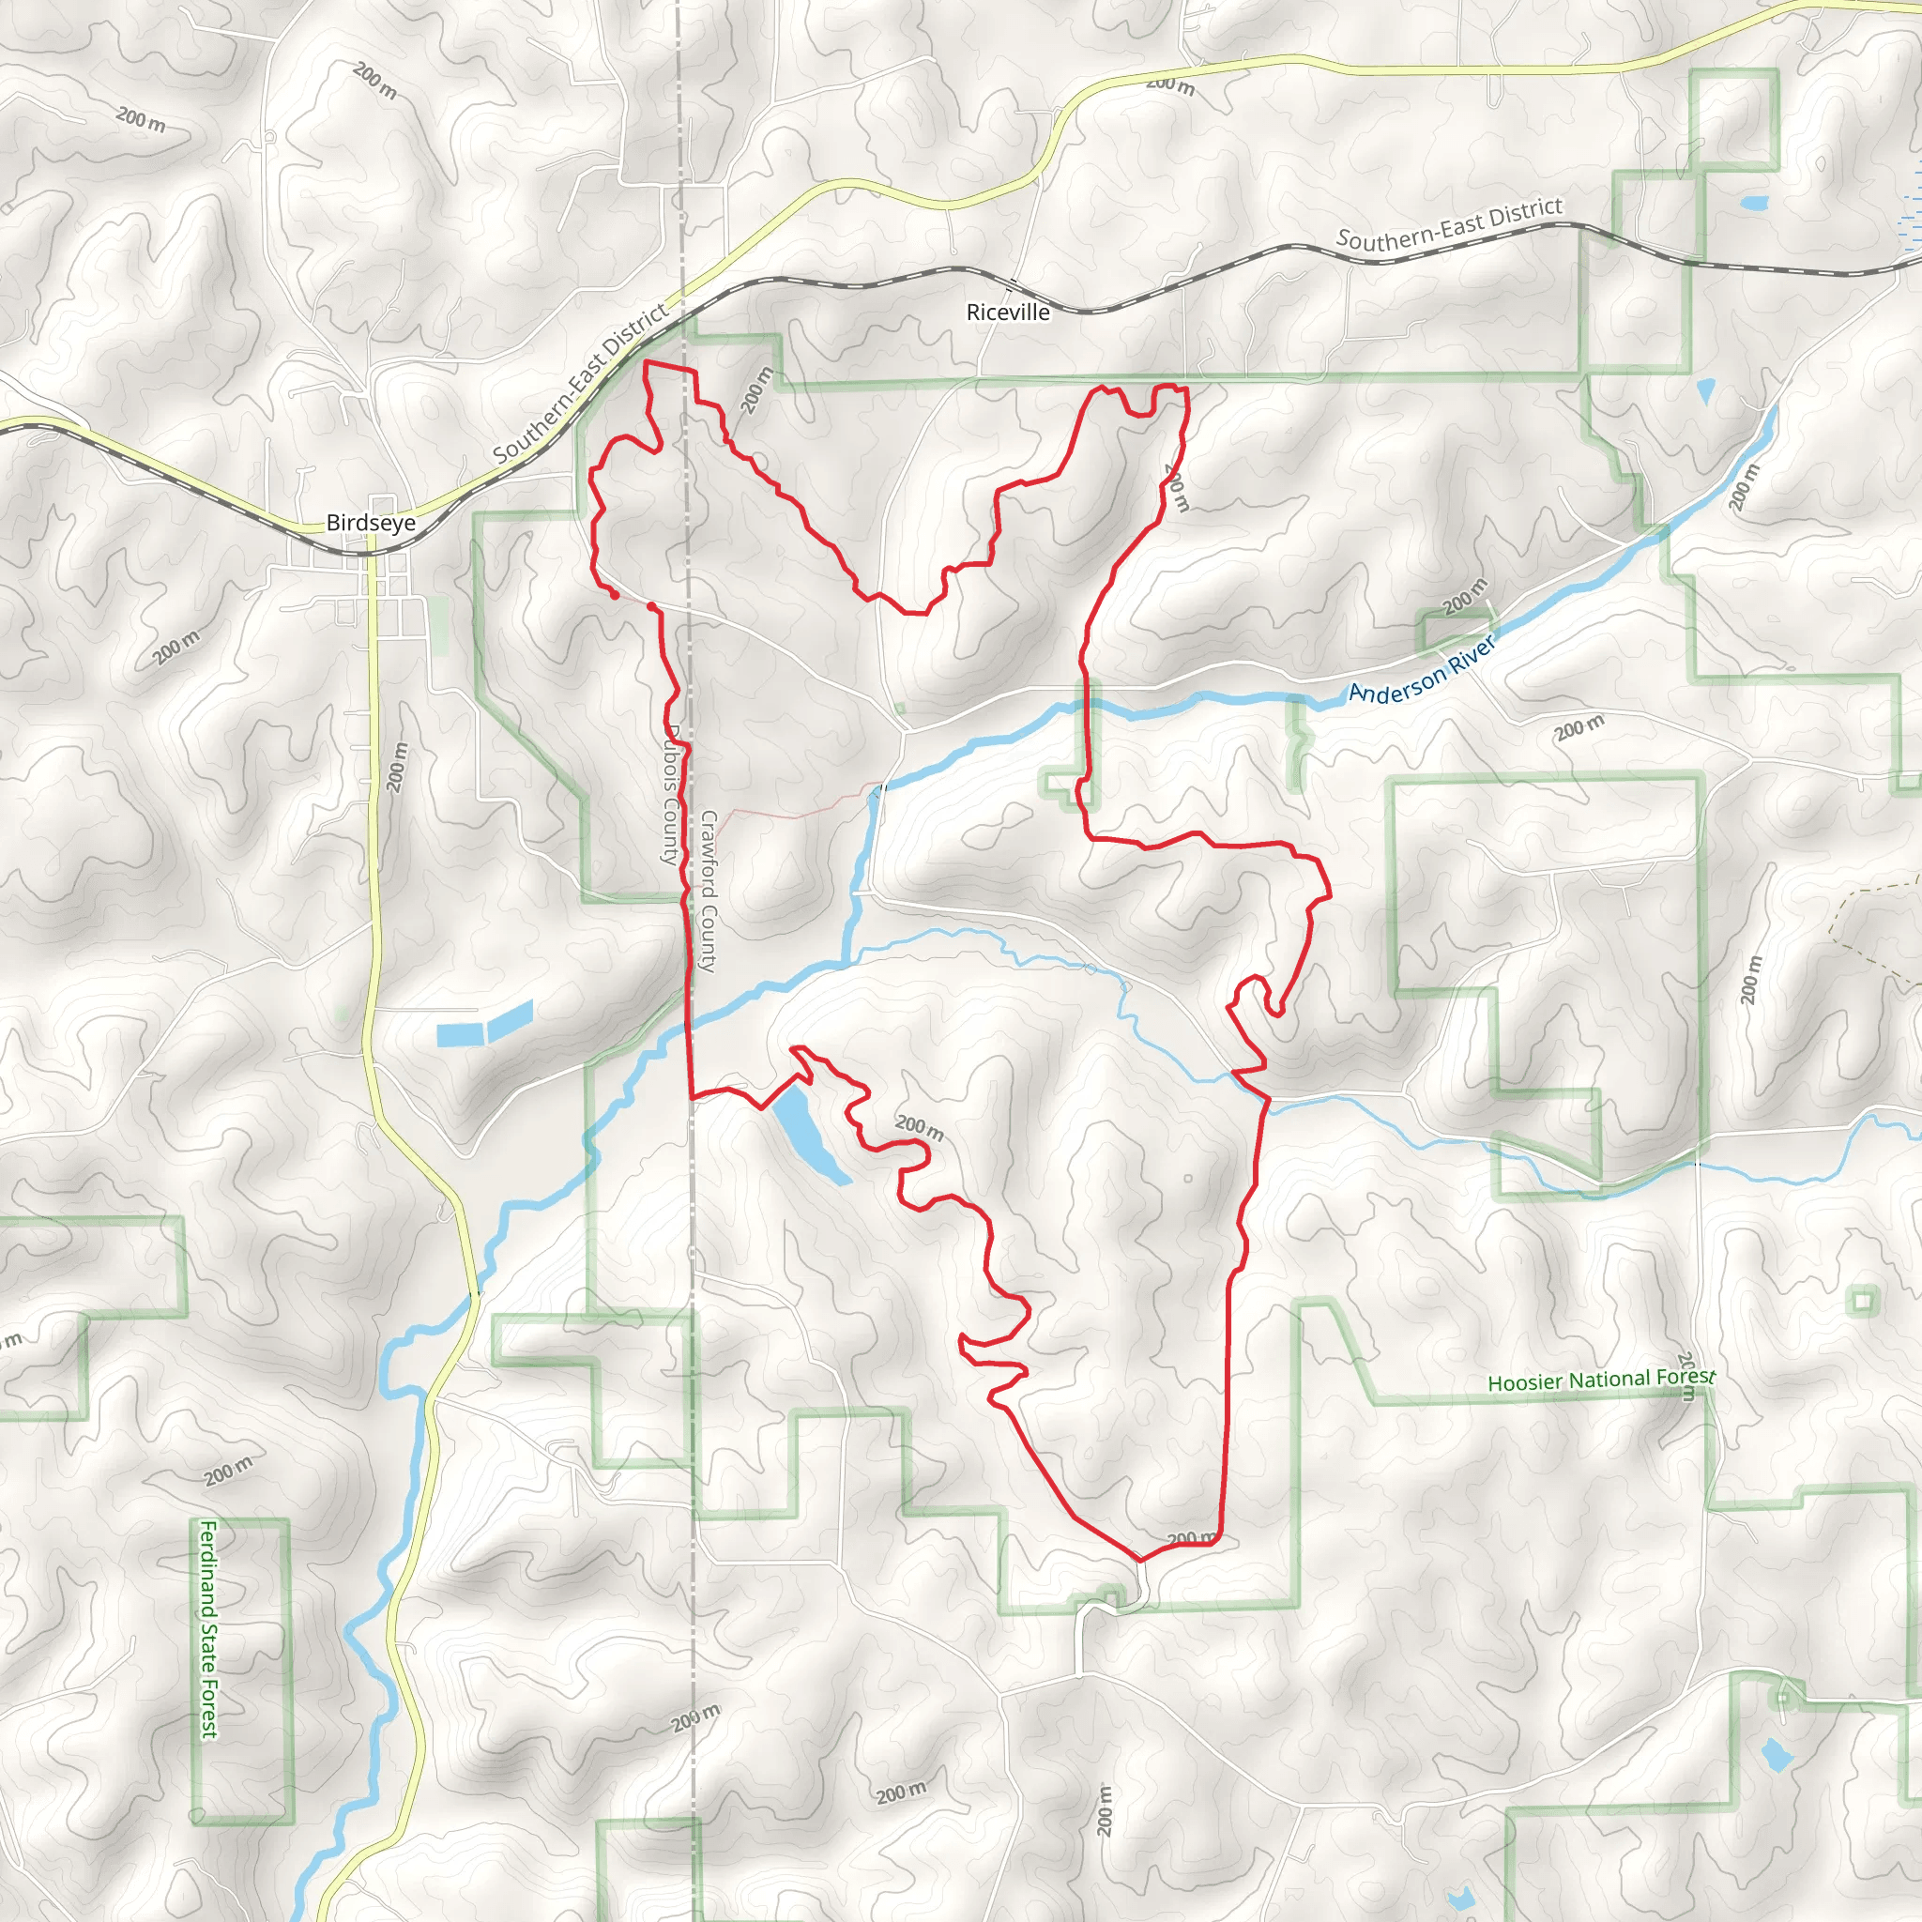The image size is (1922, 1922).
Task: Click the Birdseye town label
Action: click(x=370, y=523)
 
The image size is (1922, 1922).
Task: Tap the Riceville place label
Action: click(x=1008, y=313)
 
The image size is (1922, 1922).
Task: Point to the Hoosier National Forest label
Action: click(x=1601, y=1380)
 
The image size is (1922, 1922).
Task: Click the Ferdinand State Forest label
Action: click(x=209, y=1628)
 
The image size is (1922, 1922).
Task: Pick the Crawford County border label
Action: click(x=709, y=891)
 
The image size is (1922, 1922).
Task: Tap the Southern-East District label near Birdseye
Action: click(x=581, y=384)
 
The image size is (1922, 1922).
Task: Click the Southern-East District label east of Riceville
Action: click(x=1448, y=224)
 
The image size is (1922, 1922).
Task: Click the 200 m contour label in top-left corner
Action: click(x=140, y=119)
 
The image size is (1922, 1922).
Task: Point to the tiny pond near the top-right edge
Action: click(x=1754, y=203)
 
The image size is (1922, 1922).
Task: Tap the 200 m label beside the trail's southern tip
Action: click(x=1191, y=1538)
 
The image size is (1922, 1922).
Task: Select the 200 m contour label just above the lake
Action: click(x=919, y=1127)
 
